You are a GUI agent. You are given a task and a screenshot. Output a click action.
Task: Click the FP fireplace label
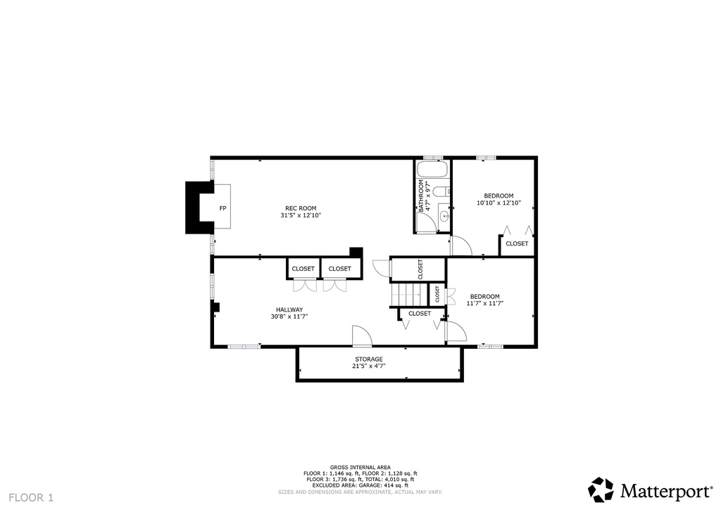[222, 208]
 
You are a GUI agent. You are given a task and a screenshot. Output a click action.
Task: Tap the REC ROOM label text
[301, 208]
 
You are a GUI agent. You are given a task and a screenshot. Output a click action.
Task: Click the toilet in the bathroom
[439, 191]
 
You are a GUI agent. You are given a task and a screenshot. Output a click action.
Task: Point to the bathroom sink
[443, 216]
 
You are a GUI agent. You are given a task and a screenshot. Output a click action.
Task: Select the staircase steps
[406, 292]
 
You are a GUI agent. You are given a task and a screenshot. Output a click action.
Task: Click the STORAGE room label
[368, 359]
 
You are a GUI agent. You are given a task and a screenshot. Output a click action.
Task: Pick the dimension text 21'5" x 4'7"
[368, 366]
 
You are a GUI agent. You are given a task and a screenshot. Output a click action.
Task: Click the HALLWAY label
[289, 310]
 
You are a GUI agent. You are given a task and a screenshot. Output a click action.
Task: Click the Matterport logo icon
[601, 490]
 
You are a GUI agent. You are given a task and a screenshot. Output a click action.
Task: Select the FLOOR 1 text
[32, 498]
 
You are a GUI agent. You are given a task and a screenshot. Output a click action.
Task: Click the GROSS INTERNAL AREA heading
[360, 467]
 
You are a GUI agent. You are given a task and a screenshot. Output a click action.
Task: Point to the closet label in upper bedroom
[517, 243]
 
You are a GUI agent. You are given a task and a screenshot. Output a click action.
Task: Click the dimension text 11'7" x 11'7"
[484, 303]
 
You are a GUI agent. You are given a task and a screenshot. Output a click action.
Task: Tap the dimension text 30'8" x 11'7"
[289, 317]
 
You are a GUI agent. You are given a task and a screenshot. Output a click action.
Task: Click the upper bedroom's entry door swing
[460, 246]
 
